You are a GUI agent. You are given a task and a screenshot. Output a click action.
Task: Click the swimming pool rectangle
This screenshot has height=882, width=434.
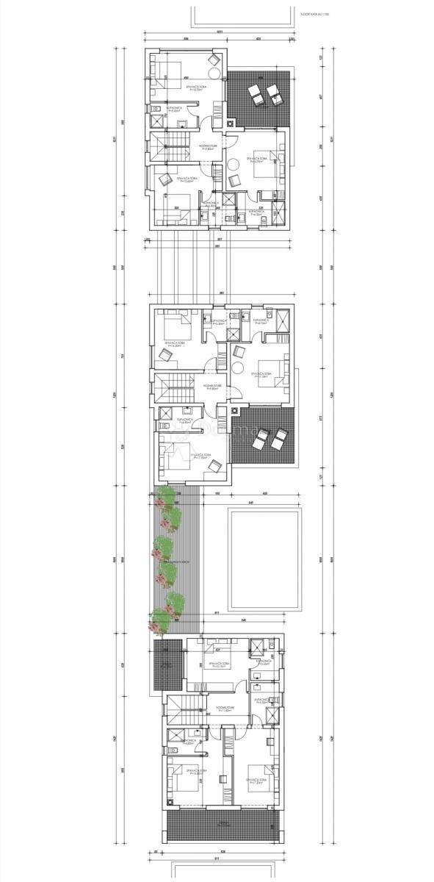click(264, 559)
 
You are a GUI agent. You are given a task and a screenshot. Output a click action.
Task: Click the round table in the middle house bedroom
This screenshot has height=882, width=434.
click(239, 370)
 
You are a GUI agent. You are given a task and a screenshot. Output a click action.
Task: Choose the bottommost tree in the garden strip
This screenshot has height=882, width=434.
click(158, 621)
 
